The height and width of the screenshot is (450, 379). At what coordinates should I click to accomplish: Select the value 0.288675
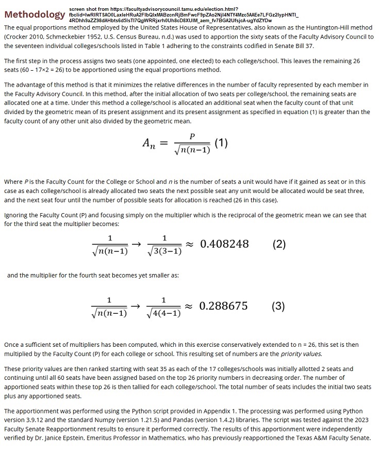pyautogui.click(x=223, y=306)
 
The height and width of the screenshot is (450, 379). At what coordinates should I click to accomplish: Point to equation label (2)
pyautogui.click(x=278, y=244)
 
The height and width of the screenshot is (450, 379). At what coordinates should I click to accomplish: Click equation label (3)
pyautogui.click(x=278, y=306)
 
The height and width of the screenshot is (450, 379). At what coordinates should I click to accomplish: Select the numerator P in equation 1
pyautogui.click(x=192, y=136)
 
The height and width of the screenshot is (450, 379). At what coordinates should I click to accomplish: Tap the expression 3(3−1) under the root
pyautogui.click(x=164, y=251)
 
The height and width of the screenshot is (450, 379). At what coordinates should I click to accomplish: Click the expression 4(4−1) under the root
pyautogui.click(x=163, y=313)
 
